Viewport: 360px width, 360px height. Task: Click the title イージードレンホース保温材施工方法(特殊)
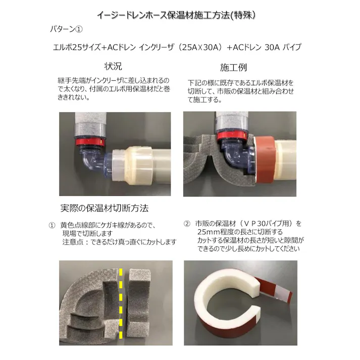(x=179, y=15)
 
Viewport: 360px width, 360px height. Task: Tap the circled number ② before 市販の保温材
(x=186, y=223)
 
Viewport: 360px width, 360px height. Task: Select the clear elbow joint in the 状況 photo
(x=94, y=165)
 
